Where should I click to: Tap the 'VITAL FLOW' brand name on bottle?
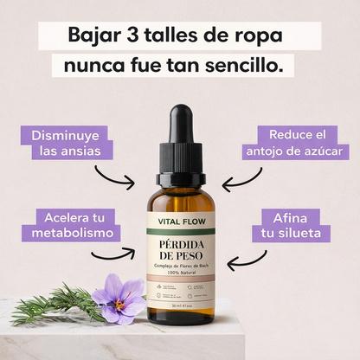pos(180,222)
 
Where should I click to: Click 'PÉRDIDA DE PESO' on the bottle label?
pos(180,247)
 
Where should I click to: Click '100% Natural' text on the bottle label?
pos(180,273)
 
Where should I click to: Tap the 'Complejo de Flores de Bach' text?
pos(180,265)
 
